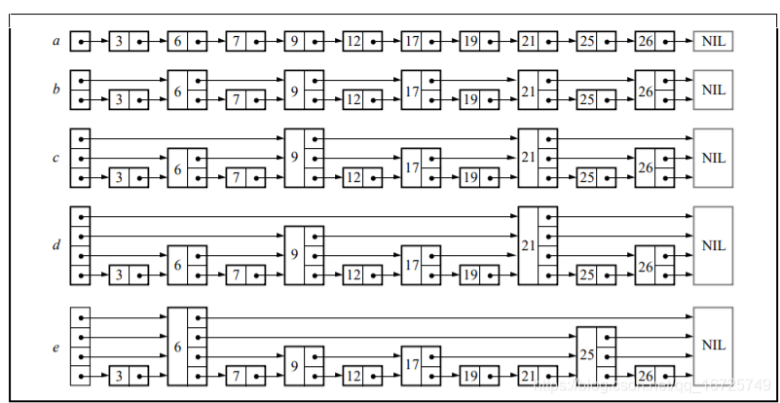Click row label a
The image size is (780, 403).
pyautogui.click(x=56, y=42)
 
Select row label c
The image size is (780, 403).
pyautogui.click(x=56, y=157)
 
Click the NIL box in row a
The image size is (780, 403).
pyautogui.click(x=713, y=42)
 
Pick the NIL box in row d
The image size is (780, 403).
pyautogui.click(x=713, y=245)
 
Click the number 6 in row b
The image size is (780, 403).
pyautogui.click(x=177, y=90)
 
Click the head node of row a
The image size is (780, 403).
pyautogui.click(x=80, y=42)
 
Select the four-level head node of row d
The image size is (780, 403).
pyautogui.click(x=80, y=245)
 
